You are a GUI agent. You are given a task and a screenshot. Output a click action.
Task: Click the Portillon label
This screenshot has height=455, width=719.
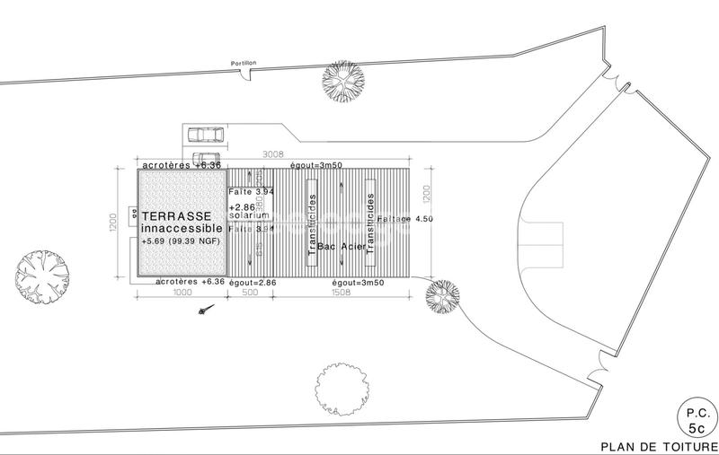[244, 63]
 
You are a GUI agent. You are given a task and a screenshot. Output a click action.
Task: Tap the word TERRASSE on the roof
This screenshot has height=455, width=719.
[177, 217]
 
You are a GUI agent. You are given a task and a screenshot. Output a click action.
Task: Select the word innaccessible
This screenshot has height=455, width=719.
[181, 230]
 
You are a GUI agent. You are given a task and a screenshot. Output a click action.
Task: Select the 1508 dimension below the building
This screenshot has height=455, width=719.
[341, 292]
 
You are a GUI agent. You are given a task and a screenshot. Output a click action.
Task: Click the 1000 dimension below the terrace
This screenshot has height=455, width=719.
[182, 292]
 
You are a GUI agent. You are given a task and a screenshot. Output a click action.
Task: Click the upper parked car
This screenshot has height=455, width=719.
[206, 136]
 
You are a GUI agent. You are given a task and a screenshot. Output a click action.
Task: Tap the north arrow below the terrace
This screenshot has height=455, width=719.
[208, 310]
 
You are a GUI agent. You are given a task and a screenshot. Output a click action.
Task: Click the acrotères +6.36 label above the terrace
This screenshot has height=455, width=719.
[181, 166]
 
